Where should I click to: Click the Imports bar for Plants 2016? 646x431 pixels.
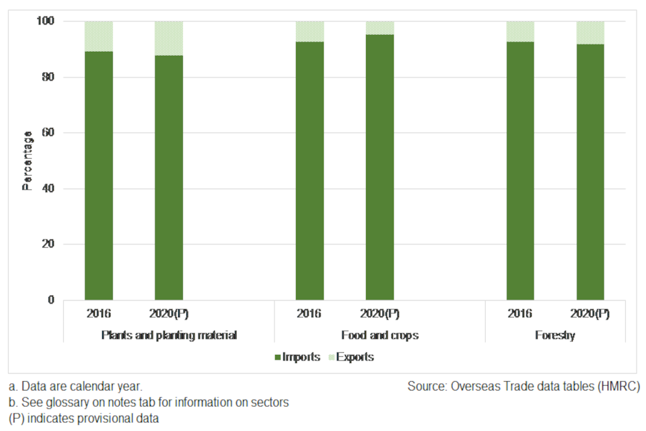tap(98, 175)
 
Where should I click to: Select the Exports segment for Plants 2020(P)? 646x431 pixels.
tap(168, 38)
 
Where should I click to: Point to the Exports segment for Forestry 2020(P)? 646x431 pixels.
tap(590, 32)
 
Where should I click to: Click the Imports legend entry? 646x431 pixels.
tap(297, 357)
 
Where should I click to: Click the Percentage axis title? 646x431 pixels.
tap(28, 161)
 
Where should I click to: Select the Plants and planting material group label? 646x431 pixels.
tap(169, 335)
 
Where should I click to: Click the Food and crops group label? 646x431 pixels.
tap(380, 335)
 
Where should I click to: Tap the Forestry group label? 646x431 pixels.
tap(555, 335)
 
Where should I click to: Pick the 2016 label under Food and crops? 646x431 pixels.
tap(310, 314)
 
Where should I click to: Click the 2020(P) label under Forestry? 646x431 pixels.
tap(590, 314)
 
